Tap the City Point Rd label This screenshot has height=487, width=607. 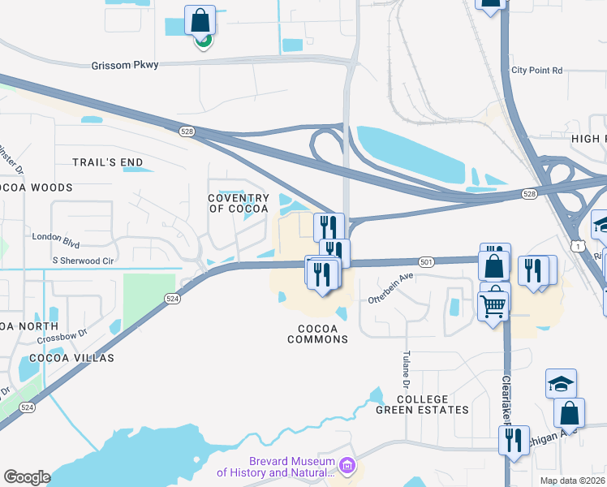click(536, 71)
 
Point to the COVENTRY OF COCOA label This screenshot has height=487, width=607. click(239, 204)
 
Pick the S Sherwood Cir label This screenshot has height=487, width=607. click(82, 261)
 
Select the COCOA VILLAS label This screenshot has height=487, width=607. click(72, 357)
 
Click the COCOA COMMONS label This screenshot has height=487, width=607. click(318, 334)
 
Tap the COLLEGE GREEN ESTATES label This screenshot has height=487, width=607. click(422, 404)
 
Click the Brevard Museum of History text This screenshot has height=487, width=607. click(276, 467)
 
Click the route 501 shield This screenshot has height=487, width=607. click(427, 261)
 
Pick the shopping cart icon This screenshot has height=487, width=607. click(493, 306)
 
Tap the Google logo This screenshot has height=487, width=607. click(27, 477)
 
